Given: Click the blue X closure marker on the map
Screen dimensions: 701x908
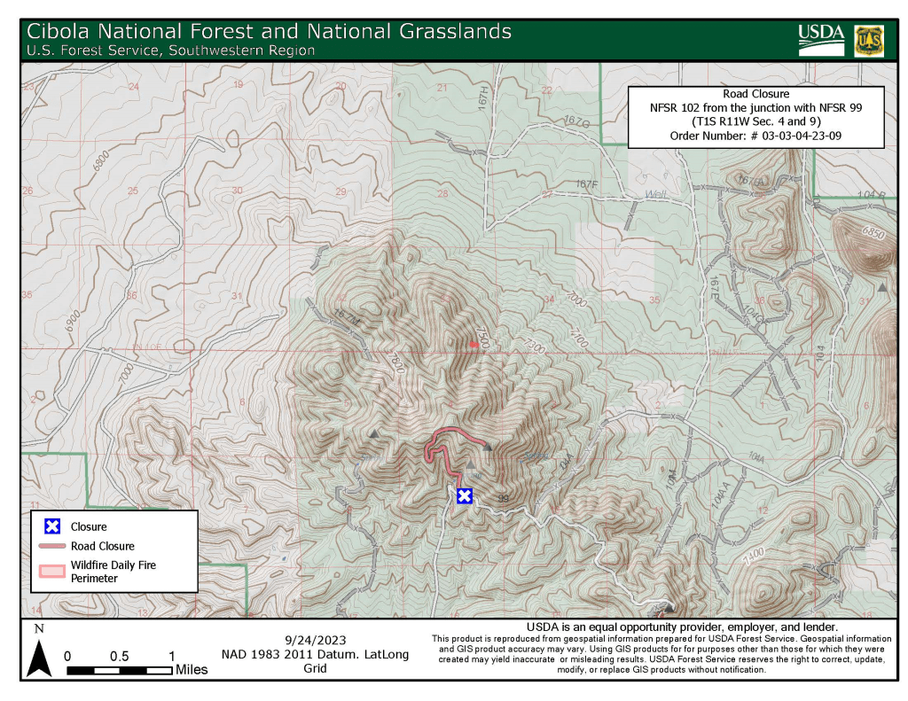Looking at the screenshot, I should point(464,496).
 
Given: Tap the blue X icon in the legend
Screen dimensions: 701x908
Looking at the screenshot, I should point(52,527).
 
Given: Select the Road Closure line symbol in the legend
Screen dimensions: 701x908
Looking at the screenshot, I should point(52,547).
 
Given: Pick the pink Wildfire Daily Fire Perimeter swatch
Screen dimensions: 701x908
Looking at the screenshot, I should point(52,571).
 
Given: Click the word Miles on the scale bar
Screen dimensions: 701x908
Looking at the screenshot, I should point(191,670).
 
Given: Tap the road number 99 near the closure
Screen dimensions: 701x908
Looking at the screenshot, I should point(505,499).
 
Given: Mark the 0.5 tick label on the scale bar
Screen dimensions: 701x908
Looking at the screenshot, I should point(119,657).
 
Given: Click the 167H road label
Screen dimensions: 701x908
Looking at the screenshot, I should point(484,95).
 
